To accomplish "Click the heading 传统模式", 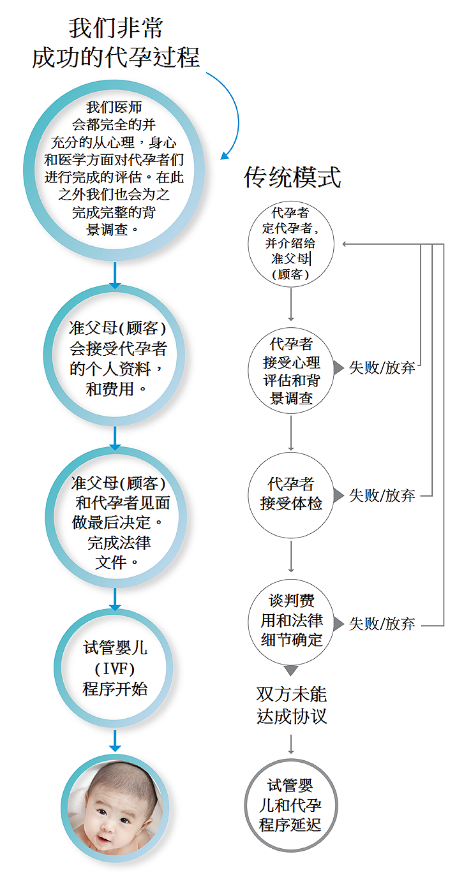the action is coord(292,177).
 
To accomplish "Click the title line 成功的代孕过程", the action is coord(116,57).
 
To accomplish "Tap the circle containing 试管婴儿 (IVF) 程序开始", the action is coord(114,668).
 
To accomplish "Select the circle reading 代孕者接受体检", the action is coord(291,496).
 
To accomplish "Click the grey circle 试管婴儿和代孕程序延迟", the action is coord(291,805).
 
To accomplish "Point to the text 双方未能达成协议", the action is coord(292,705).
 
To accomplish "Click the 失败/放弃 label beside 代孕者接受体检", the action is coord(382,496).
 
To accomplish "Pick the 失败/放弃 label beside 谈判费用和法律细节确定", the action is coord(382,624).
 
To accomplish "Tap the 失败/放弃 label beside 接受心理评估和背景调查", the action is coord(382,367).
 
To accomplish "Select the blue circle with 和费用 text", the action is coord(114,355).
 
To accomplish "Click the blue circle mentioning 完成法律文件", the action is coord(116,517).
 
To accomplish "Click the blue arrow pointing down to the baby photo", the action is coord(115,740).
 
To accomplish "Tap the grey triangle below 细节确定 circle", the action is coord(291,670).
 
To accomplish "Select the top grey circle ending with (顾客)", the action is coord(291,244).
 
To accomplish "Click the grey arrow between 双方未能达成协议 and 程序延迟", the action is coord(291,744).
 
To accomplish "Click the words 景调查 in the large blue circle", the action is coord(107,230).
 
